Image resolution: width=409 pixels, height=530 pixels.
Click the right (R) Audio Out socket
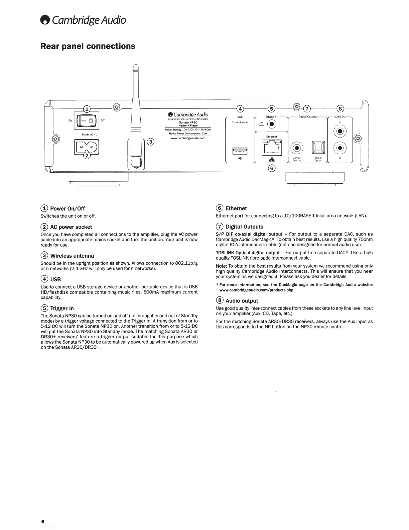340,148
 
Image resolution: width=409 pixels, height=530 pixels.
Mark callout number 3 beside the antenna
151,142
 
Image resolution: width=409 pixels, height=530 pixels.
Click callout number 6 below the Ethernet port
272,168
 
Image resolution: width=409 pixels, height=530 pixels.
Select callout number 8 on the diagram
340,109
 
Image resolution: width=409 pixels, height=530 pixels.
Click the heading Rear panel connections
88,46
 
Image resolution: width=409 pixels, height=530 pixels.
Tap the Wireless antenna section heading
72,256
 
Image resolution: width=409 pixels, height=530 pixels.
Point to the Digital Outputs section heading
244,227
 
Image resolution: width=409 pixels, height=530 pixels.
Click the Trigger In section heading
62,308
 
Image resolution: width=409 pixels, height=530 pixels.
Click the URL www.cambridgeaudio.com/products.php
256,290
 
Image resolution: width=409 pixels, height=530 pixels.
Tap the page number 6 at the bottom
43,521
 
